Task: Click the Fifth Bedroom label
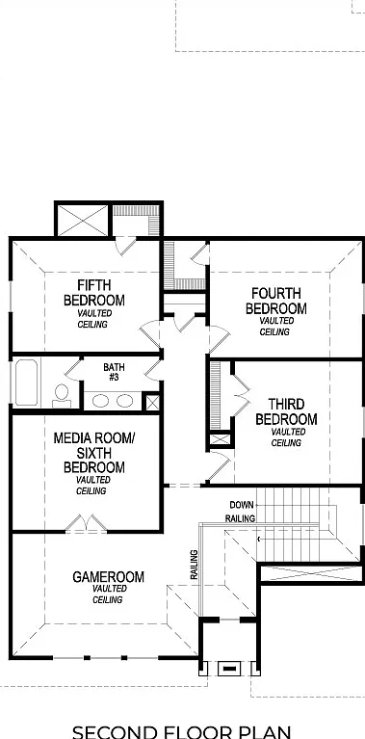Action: tap(94, 293)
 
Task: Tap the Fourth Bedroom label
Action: tap(276, 302)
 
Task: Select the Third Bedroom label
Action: tap(286, 411)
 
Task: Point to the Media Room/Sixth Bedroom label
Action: tap(94, 453)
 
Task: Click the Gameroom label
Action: tap(108, 577)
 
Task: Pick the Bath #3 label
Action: tap(114, 372)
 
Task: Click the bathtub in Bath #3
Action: tap(26, 383)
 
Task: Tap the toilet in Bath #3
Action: tap(62, 396)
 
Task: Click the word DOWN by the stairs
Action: tap(242, 505)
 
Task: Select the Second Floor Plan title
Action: tap(182, 731)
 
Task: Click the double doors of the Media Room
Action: tap(86, 523)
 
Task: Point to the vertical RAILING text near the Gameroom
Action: tap(194, 565)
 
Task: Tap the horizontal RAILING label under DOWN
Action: tap(240, 518)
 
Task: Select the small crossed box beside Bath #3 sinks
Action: tap(152, 403)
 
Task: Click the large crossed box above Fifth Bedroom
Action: tap(83, 219)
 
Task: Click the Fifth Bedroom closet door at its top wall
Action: tap(125, 246)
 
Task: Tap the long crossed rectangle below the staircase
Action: tap(312, 573)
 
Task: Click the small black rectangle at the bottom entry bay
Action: tap(229, 668)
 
